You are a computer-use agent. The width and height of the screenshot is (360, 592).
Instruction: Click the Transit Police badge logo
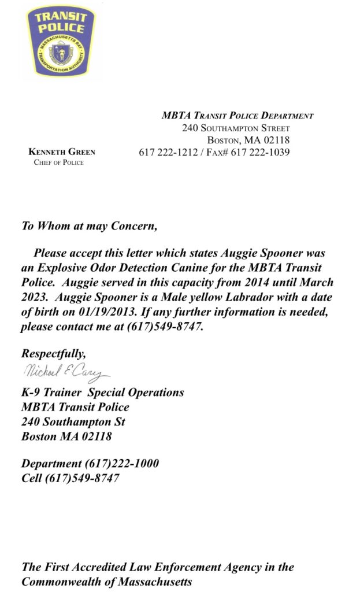coord(61,41)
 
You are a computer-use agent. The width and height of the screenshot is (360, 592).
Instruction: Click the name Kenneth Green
coord(62,152)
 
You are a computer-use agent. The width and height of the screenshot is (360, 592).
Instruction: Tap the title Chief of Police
coord(58,162)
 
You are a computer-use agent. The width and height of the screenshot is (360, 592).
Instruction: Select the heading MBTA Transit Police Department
coord(237,116)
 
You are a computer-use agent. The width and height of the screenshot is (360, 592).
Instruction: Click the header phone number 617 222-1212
coord(168,153)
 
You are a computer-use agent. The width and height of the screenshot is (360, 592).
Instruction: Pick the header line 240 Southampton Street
coord(236,128)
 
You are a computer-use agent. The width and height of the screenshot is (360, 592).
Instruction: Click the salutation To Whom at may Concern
coord(89,225)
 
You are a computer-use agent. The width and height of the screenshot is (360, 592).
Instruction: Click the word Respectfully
coord(53,353)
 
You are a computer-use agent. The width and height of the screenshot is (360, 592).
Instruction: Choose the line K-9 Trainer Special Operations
coord(102,393)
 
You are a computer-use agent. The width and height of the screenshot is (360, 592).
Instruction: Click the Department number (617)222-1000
coord(122,464)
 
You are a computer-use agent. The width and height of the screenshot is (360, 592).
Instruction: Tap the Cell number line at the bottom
coord(70,478)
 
